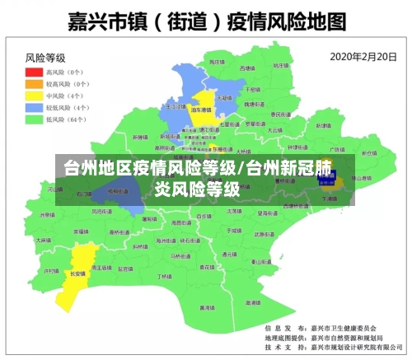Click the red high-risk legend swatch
click(35, 72)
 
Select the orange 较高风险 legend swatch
click(35, 84)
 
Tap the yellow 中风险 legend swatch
click(35, 96)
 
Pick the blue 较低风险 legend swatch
click(35, 107)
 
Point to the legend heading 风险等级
click(45, 58)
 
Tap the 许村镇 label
click(51, 270)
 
